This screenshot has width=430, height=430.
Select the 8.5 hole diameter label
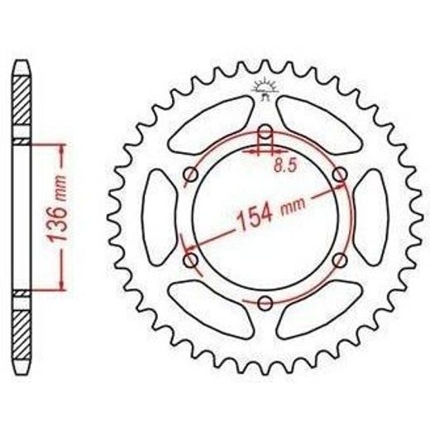coord(284,165)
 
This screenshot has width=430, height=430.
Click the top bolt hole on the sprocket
coord(265,131)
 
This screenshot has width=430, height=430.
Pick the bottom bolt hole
coord(265,303)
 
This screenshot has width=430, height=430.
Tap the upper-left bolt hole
coord(191,174)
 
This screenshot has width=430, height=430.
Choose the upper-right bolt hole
coord(340,174)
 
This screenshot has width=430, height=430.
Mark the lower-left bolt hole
coord(191,260)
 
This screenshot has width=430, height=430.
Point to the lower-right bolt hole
coord(340,260)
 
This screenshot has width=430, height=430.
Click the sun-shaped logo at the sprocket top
coord(265,88)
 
